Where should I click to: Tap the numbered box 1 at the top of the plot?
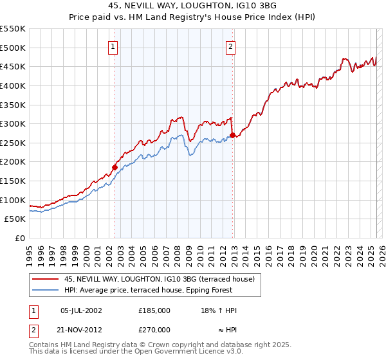pos(113,46)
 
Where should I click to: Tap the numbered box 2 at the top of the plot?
pos(230,46)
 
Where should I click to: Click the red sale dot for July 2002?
pos(115,167)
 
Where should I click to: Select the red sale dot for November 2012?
pos(232,135)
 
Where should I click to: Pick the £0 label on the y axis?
pos(19,238)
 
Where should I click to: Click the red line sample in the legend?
pos(46,279)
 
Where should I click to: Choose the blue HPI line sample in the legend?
pos(46,290)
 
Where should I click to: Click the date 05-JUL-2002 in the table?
pos(81,310)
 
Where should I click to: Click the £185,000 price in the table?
pos(154,310)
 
